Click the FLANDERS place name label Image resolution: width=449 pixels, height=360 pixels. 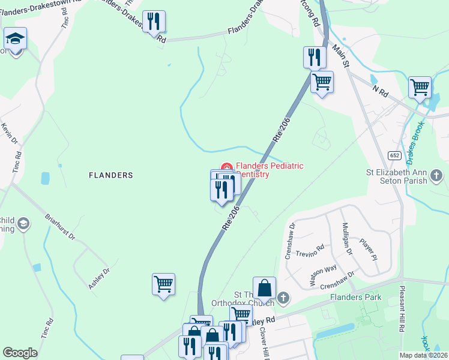[x=110, y=175]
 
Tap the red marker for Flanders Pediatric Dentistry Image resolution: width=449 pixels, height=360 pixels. [x=227, y=167]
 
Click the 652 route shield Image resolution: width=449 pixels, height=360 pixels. [x=393, y=155]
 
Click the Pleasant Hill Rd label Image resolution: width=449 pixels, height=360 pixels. [x=400, y=309]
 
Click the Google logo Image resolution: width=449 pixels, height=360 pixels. [x=20, y=353]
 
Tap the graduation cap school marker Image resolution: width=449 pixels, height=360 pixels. [x=15, y=39]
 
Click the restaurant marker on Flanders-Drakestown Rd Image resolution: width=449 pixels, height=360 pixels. [x=154, y=22]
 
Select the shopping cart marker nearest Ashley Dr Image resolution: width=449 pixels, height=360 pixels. [x=164, y=284]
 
